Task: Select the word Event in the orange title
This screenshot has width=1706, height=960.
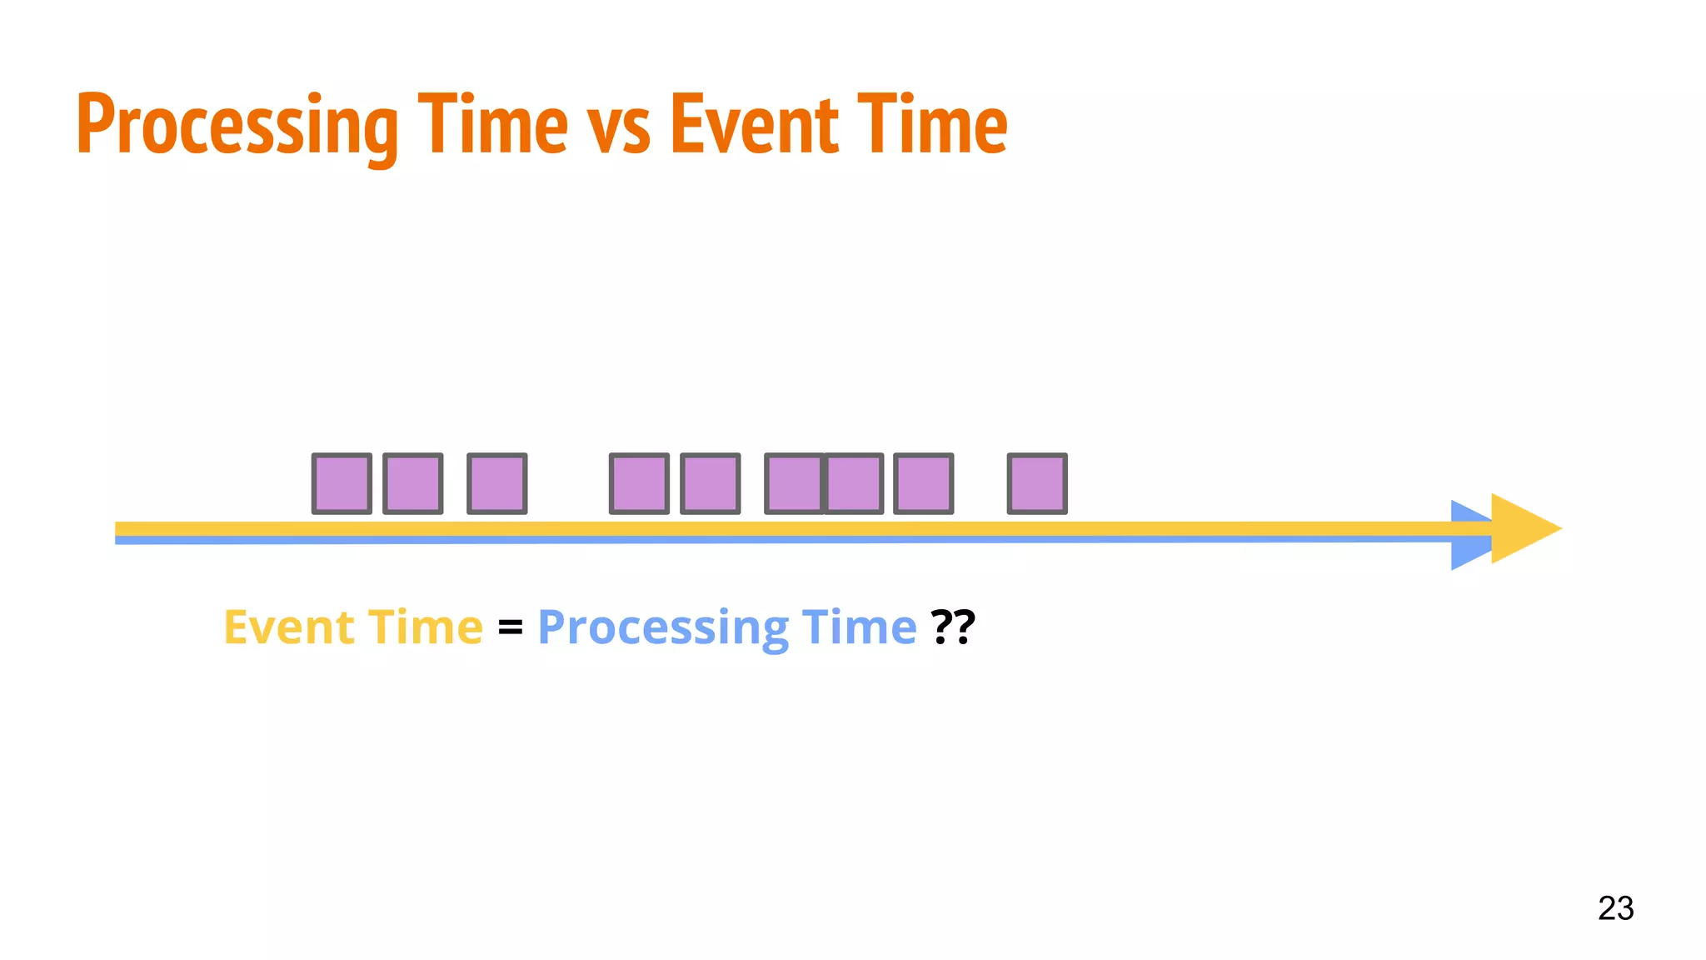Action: pyautogui.click(x=754, y=125)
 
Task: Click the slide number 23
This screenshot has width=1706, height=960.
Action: pyautogui.click(x=1615, y=908)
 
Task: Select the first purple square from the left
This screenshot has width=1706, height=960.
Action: pyautogui.click(x=342, y=483)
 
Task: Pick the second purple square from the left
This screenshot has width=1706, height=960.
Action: pyautogui.click(x=413, y=483)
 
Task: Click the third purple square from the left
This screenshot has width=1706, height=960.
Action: pyautogui.click(x=497, y=483)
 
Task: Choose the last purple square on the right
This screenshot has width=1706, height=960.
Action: pyautogui.click(x=1037, y=483)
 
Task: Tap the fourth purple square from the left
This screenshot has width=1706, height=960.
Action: pyautogui.click(x=639, y=483)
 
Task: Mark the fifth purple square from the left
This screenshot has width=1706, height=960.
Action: pyautogui.click(x=711, y=483)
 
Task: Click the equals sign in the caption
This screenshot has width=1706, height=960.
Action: pyautogui.click(x=510, y=627)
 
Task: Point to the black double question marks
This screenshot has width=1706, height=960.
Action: pyautogui.click(x=953, y=627)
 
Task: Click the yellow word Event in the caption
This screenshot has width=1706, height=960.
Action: pyautogui.click(x=289, y=627)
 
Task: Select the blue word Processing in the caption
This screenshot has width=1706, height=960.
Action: pyautogui.click(x=663, y=627)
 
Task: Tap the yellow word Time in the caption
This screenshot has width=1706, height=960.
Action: pyautogui.click(x=425, y=627)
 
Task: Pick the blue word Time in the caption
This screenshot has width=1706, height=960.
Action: pyautogui.click(x=859, y=627)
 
